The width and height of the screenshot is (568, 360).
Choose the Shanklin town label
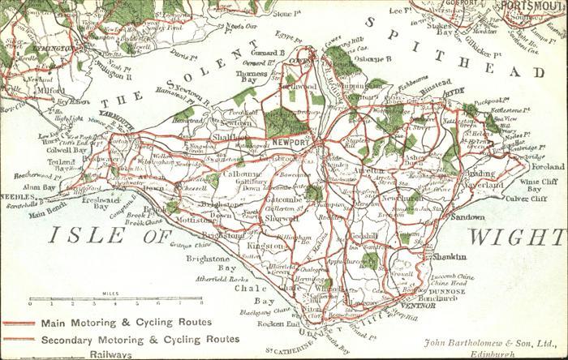(x=450, y=257)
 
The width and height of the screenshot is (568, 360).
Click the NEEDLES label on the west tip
(x=15, y=197)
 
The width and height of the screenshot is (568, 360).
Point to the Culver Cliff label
(x=527, y=198)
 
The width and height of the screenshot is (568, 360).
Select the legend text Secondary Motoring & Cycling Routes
(x=140, y=339)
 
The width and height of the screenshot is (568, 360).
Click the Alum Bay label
(x=38, y=186)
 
